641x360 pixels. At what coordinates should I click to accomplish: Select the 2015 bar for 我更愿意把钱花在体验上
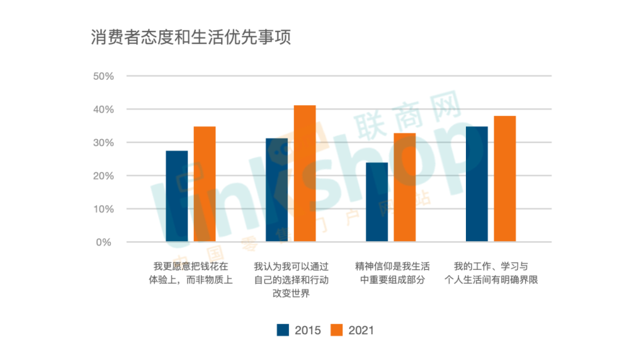[x=177, y=196]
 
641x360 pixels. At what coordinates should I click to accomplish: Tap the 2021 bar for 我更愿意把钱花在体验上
[x=205, y=184]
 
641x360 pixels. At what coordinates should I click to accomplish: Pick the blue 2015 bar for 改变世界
[x=277, y=190]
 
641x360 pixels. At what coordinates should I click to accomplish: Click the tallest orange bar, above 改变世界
[x=305, y=174]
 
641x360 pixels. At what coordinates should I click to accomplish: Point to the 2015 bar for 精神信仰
[x=377, y=202]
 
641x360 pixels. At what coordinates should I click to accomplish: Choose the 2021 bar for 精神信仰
[x=405, y=188]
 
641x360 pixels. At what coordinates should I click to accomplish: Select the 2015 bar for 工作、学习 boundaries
[x=477, y=184]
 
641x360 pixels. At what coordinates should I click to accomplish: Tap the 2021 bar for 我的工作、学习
[x=505, y=179]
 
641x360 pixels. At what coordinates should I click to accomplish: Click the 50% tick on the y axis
[x=103, y=76]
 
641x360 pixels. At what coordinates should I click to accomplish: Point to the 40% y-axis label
[x=103, y=110]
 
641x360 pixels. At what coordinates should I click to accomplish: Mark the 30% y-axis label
[x=103, y=143]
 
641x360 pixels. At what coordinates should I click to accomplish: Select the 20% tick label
[x=103, y=176]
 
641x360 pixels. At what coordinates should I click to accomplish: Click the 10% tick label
[x=103, y=209]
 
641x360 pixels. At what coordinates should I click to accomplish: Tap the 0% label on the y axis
[x=106, y=242]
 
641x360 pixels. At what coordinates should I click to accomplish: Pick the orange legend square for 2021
[x=337, y=330]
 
